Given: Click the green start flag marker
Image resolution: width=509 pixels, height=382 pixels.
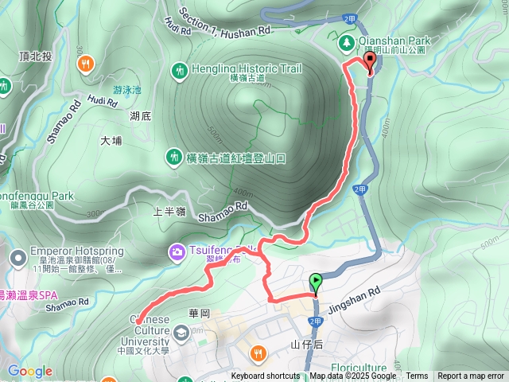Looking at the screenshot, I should (317, 283).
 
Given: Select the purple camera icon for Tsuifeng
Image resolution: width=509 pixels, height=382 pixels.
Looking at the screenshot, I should (175, 252).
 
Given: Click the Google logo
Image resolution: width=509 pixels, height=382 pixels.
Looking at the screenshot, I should (29, 371).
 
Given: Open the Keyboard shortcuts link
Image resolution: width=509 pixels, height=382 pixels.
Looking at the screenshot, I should (265, 376).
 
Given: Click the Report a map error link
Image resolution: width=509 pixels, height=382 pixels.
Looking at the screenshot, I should (470, 376).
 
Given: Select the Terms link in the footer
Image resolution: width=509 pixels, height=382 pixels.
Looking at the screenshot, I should (417, 376).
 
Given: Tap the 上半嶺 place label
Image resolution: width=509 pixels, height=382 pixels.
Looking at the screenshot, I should (169, 212).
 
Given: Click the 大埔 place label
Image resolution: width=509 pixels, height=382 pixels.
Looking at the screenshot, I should (111, 141).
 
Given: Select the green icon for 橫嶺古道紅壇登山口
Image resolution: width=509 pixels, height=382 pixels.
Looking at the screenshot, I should (174, 158).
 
